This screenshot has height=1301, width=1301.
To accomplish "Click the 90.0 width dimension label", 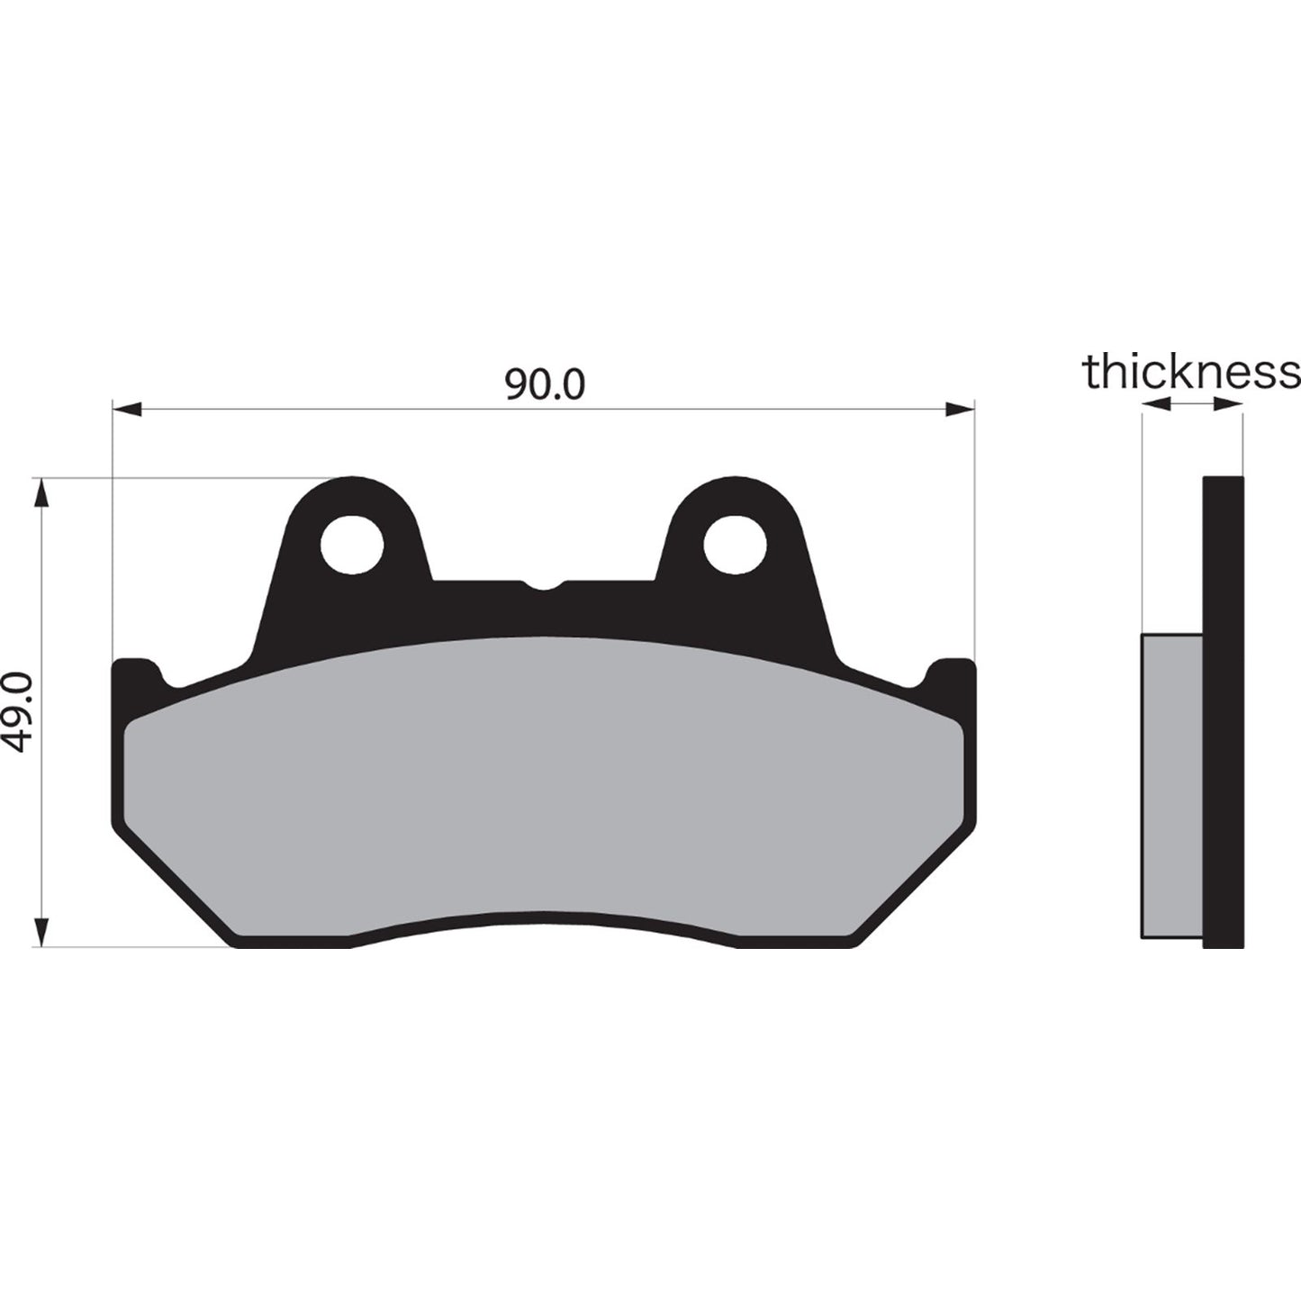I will point(544,384).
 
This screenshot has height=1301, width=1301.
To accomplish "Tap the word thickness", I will point(1191,372).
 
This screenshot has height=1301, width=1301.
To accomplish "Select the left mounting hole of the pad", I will point(352,545).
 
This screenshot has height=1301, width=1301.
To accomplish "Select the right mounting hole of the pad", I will point(735,545).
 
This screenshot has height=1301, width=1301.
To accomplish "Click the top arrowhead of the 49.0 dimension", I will point(41,493).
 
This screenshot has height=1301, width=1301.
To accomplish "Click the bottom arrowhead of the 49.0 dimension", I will point(41,931).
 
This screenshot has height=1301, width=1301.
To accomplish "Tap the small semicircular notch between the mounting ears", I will point(544,584).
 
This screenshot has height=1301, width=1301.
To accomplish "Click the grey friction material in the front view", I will point(544,783).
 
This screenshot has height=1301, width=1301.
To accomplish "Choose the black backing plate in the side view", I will point(1224,711).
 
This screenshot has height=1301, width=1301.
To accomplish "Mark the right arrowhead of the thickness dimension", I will point(1229,405).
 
